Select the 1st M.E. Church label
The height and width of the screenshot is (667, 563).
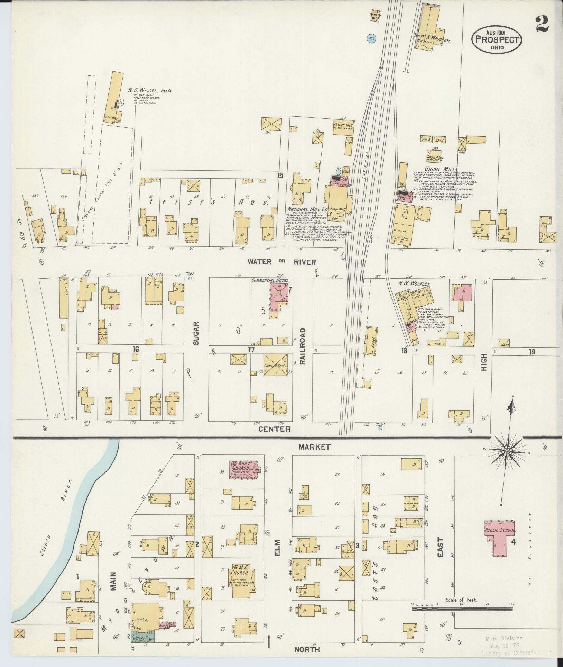(x=241, y=571)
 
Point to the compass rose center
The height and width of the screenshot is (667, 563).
(x=507, y=451)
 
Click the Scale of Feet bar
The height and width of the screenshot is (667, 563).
(x=462, y=608)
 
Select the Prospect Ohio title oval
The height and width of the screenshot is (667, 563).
(x=497, y=40)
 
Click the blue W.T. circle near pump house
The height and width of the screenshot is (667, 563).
(x=371, y=38)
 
